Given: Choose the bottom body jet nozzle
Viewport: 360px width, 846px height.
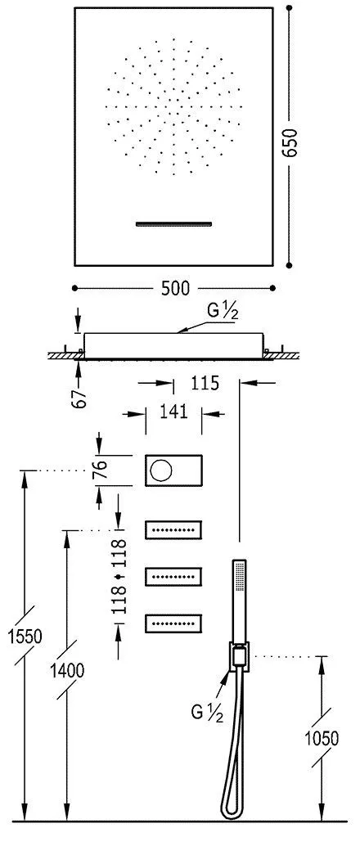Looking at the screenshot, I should click(x=174, y=624).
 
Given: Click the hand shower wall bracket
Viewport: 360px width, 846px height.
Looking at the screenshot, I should click(x=238, y=655).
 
